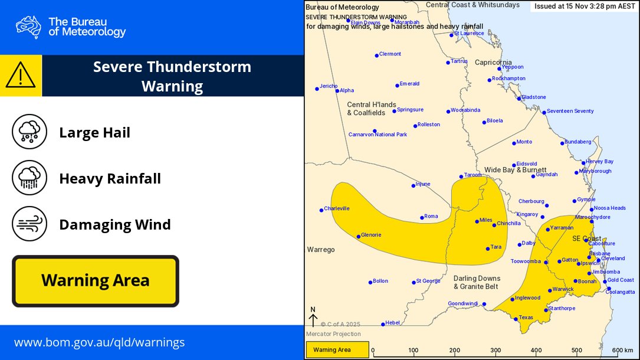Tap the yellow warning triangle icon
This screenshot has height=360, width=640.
tap(21, 75)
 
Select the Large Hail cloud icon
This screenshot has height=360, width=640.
tap(29, 132)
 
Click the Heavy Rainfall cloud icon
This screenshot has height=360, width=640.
tap(29, 178)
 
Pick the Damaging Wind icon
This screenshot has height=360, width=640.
tap(29, 224)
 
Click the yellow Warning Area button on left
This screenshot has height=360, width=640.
tap(95, 281)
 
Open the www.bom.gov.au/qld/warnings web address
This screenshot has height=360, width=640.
tap(99, 342)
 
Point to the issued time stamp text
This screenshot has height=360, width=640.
tap(584, 6)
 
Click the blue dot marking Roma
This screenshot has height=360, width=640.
tap(422, 217)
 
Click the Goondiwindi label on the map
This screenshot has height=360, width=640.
tap(464, 303)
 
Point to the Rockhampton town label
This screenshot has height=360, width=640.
tap(508, 78)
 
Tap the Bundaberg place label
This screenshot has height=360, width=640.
tap(577, 142)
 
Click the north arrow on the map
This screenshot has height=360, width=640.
tap(313, 318)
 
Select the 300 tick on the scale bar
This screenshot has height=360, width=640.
tap(495, 350)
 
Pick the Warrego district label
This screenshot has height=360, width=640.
tap(321, 250)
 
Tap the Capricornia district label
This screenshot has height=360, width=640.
tap(493, 62)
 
